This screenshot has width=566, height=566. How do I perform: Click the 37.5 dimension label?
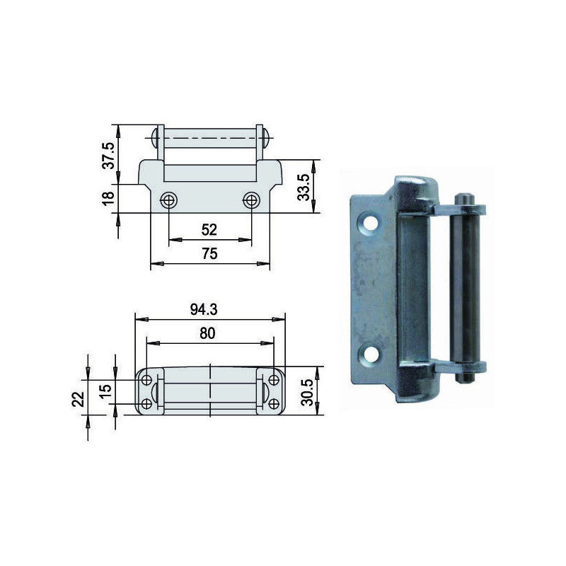pos(108,156)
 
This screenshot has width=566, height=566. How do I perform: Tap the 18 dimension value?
pos(108,198)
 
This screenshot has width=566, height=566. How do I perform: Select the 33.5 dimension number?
pos(304,187)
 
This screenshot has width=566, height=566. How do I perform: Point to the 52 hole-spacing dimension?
pos(209,229)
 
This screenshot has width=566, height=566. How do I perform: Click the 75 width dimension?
pos(209,254)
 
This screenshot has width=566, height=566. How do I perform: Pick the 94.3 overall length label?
pos(204,309)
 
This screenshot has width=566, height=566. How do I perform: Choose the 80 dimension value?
pos(207,333)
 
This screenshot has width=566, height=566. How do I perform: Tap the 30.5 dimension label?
pos(308,393)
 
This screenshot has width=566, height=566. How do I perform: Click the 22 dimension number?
pos(79,399)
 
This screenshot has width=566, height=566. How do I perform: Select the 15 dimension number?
pos(105,392)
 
